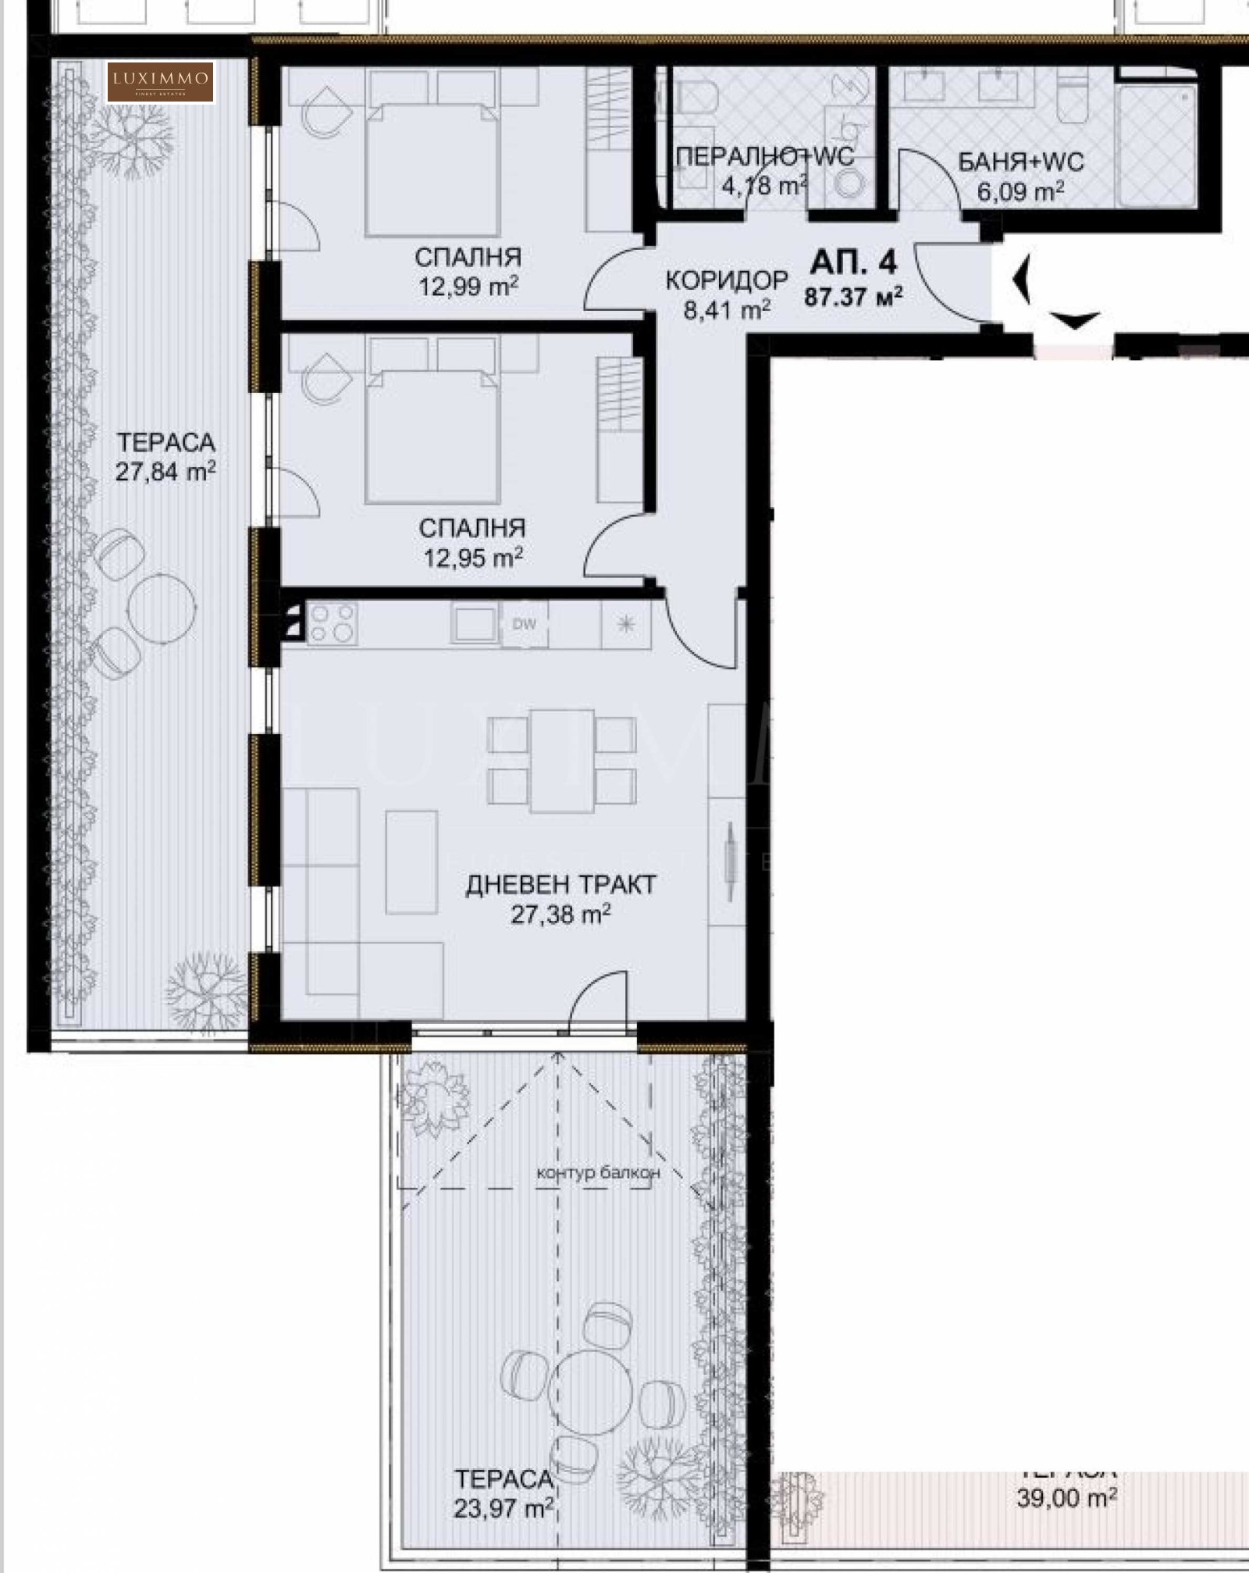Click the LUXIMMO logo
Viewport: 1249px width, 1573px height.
[160, 81]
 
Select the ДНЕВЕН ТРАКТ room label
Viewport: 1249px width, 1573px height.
[560, 885]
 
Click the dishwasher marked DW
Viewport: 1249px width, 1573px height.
[524, 624]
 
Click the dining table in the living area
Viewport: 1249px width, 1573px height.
[561, 761]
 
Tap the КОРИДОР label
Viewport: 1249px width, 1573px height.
[727, 280]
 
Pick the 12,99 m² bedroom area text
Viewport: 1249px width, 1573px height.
[469, 287]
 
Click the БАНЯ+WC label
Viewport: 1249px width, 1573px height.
[1021, 162]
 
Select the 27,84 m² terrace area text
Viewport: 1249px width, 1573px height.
[165, 472]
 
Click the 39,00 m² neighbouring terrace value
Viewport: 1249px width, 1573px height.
[1066, 1498]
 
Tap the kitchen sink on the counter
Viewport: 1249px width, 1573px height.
[473, 624]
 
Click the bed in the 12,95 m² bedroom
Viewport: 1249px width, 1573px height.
[432, 437]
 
